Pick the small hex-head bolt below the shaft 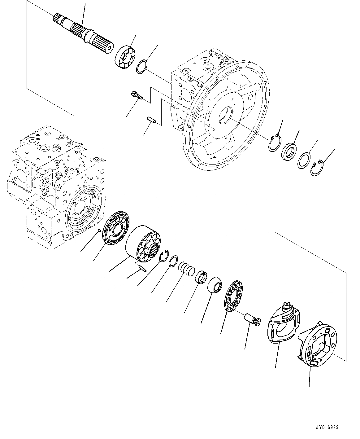click(x=137, y=94)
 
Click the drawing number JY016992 click(x=327, y=427)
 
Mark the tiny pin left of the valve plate click(x=99, y=230)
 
